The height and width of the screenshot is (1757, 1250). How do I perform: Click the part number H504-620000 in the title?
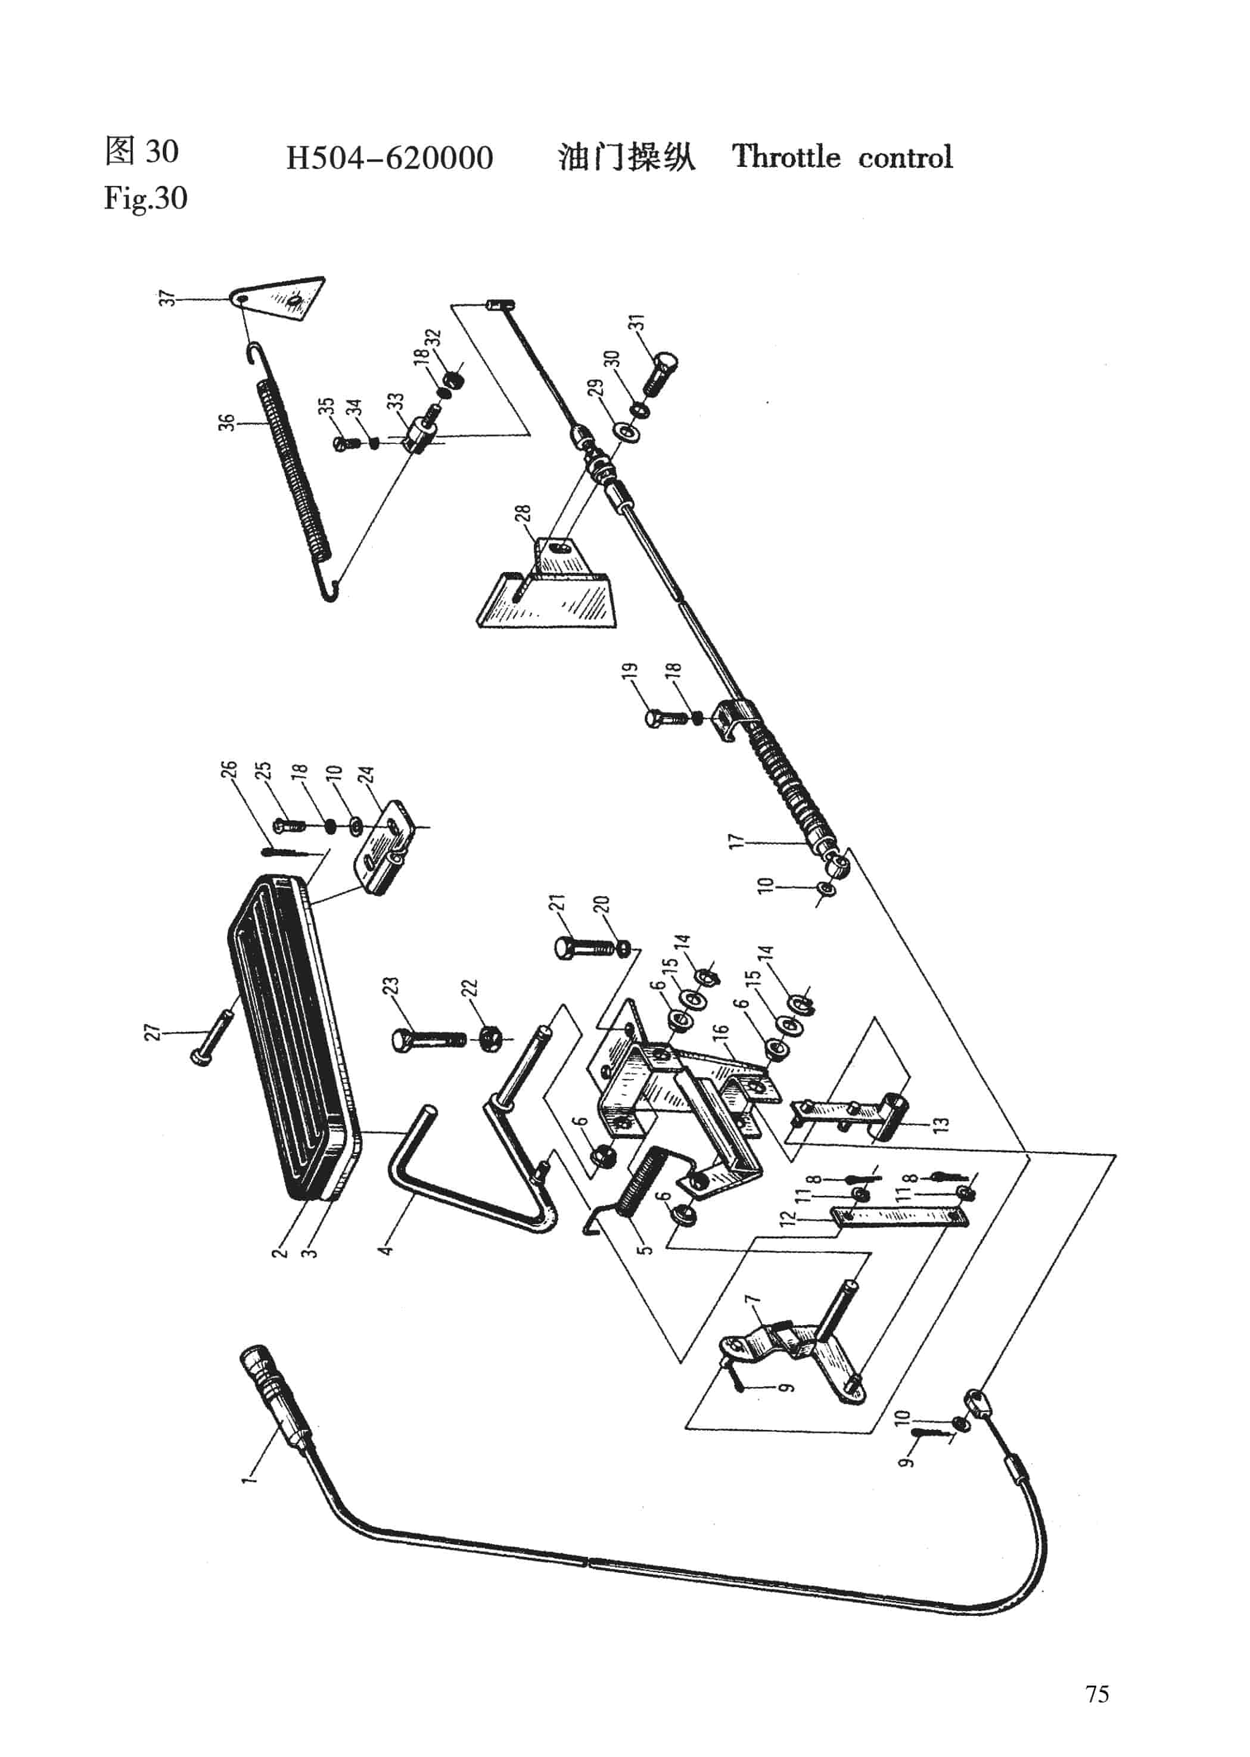390,158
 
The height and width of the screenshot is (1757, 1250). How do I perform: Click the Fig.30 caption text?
145,198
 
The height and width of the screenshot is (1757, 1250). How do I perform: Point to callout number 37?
167,298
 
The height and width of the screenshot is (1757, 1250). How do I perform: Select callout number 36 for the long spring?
226,422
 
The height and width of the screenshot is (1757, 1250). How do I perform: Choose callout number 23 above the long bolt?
391,987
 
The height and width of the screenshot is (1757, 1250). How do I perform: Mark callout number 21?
556,901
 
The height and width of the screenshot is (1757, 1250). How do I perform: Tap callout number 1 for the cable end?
247,1477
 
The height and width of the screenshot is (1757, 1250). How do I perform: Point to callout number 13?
940,1124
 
